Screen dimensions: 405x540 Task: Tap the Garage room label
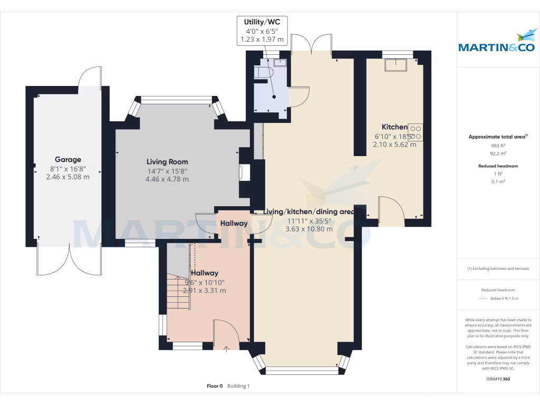pos(68,159)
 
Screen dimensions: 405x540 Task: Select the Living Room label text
pos(167,162)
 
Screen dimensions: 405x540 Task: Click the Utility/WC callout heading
pos(262,22)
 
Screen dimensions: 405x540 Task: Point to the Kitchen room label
pos(394,127)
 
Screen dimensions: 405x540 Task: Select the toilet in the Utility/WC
pos(263,72)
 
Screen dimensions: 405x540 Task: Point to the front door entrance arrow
pos(227,348)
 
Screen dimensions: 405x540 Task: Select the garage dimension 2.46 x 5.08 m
pos(68,177)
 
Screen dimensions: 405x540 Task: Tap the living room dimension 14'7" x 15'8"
pos(167,171)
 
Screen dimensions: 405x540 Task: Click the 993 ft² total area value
pos(497,146)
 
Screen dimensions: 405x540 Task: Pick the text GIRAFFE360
pos(498,379)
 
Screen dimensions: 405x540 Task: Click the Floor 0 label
pos(215,386)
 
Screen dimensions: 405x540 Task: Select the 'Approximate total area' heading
pos(497,137)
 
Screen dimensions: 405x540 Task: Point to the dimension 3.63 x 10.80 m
pos(309,229)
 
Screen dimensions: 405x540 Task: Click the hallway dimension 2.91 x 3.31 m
pos(204,290)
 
